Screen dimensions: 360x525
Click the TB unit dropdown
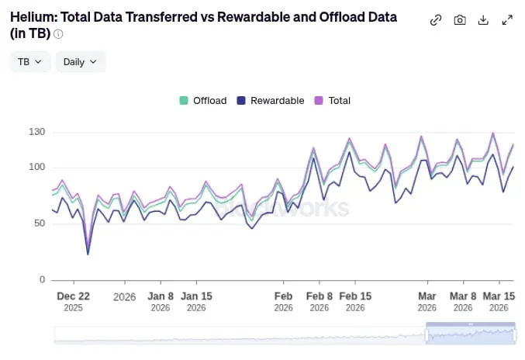[x=29, y=62]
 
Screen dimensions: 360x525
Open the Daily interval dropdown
[x=80, y=62]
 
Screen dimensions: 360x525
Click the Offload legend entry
[x=203, y=100]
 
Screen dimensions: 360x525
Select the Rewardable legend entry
[x=270, y=100]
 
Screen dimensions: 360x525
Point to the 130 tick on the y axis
[x=38, y=132]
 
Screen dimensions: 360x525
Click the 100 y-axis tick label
[x=38, y=167]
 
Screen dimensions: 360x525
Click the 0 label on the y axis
[x=43, y=279]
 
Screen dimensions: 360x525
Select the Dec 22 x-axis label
[x=74, y=296]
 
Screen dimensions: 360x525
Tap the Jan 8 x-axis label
[x=161, y=296]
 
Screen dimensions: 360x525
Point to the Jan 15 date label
[x=196, y=296]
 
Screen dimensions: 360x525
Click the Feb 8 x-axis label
[x=319, y=296]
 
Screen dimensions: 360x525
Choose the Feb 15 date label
[x=355, y=296]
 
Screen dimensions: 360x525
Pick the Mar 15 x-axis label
[x=499, y=296]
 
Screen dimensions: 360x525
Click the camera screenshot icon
[x=460, y=20]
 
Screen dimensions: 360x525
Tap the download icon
[x=483, y=20]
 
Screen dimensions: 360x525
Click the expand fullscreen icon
[x=507, y=20]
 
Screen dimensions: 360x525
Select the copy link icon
[x=436, y=20]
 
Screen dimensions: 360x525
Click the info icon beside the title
[x=59, y=34]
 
